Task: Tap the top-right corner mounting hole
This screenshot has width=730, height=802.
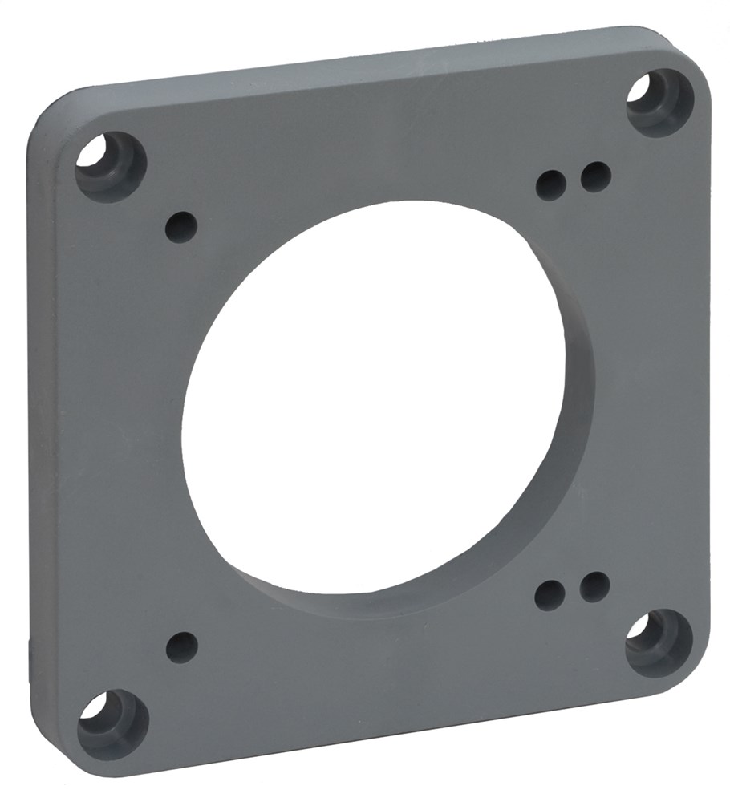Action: pyautogui.click(x=659, y=102)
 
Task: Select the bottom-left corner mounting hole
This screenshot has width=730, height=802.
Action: pyautogui.click(x=112, y=723)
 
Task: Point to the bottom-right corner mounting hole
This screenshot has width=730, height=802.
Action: pyautogui.click(x=659, y=642)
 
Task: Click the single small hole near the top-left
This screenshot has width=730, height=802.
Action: pyautogui.click(x=181, y=227)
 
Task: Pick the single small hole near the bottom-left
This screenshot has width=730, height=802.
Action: pyautogui.click(x=182, y=647)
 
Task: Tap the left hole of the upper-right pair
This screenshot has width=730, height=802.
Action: pyautogui.click(x=551, y=185)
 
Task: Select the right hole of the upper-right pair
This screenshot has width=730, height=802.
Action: pyautogui.click(x=596, y=176)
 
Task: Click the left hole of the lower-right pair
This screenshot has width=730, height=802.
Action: pyautogui.click(x=550, y=596)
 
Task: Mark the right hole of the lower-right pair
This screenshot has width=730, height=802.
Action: pyautogui.click(x=594, y=587)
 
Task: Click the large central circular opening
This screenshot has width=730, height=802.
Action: pyautogui.click(x=369, y=401)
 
